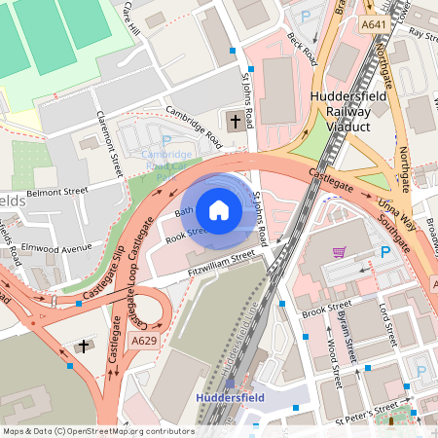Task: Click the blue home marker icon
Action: pyautogui.click(x=219, y=209)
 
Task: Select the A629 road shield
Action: pyautogui.click(x=143, y=340)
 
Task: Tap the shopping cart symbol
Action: pyautogui.click(x=339, y=251)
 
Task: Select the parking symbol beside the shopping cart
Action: pyautogui.click(x=386, y=252)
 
